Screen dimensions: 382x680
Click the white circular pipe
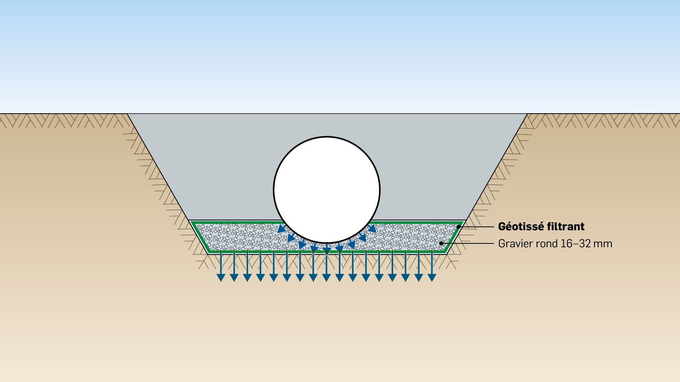coord(327,189)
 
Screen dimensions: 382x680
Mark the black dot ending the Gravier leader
coord(441,243)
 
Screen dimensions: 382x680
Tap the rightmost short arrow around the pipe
coord(372,229)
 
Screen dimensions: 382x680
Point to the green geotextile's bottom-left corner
coord(208,253)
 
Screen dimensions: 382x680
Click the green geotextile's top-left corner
coord(192,222)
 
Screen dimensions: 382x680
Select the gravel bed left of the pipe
coord(238,237)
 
